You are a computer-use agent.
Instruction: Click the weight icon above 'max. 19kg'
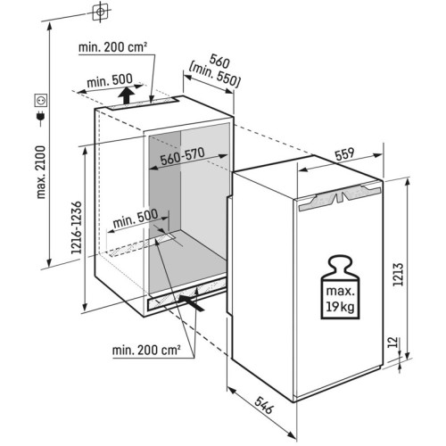click(339, 268)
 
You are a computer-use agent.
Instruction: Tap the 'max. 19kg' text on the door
click(339, 301)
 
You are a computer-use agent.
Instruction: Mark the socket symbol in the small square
click(39, 98)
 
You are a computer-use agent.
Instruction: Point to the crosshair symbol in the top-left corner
click(100, 12)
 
